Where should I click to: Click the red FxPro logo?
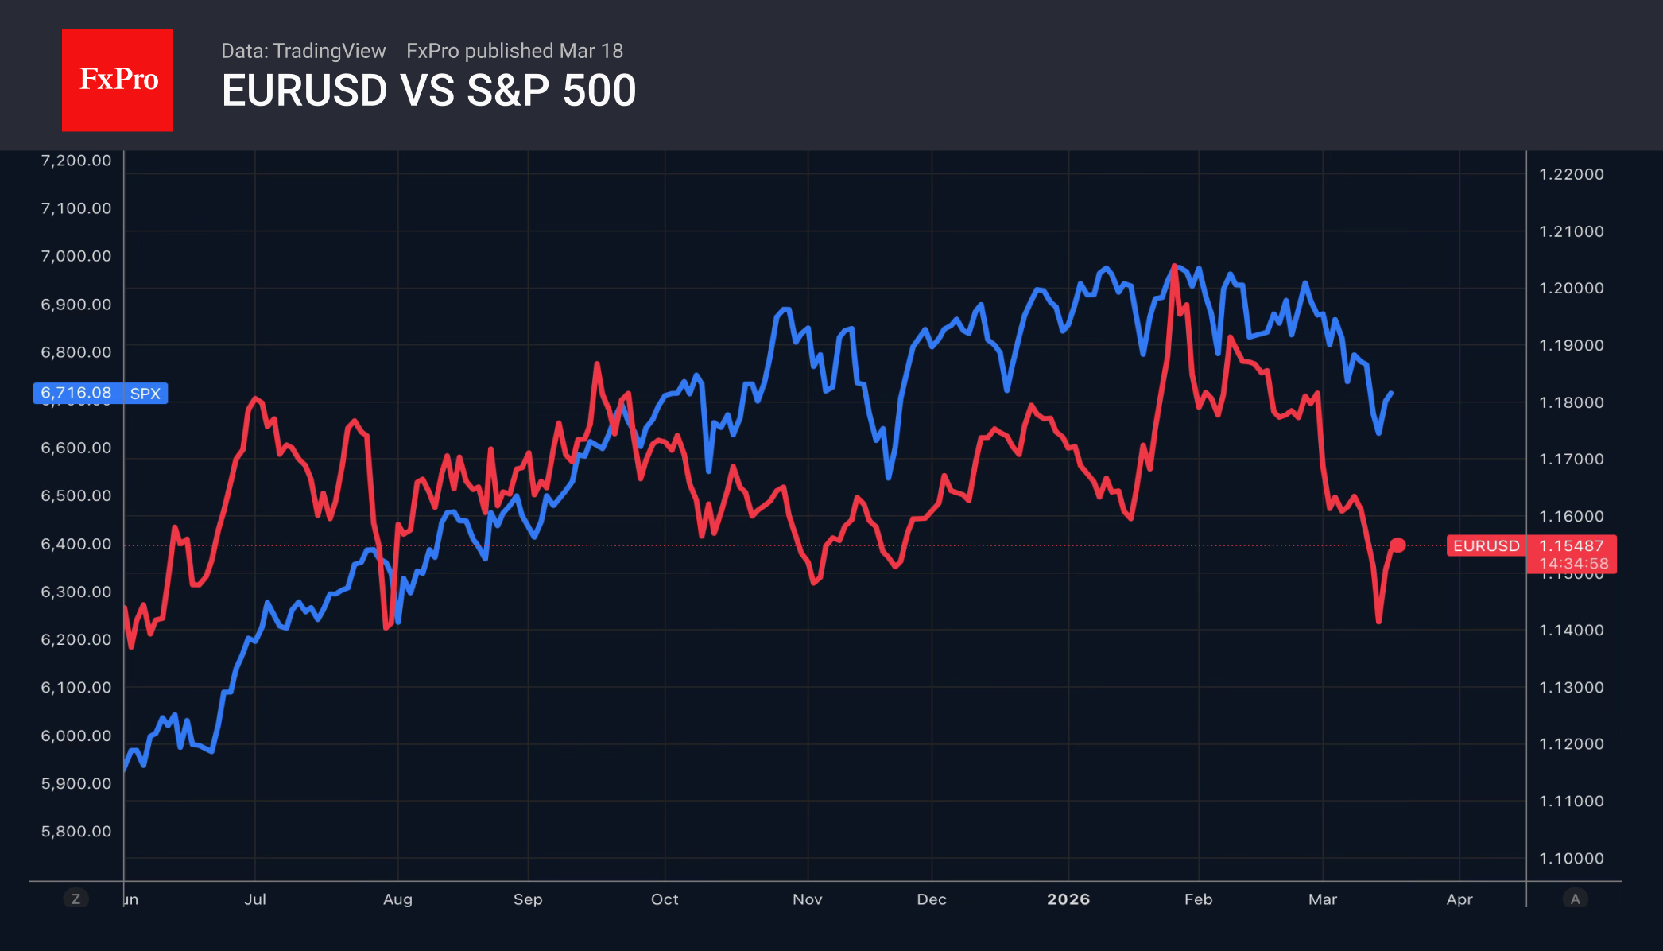tap(118, 80)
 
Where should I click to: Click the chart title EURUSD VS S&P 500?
tap(428, 91)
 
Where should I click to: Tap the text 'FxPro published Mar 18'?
tap(514, 51)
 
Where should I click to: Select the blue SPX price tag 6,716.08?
tap(77, 393)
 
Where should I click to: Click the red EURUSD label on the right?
tap(1486, 545)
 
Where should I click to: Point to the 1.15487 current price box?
tap(1572, 545)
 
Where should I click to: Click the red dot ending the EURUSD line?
tap(1397, 545)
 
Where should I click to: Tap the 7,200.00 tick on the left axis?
tap(76, 161)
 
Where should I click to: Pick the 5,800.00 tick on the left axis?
tap(76, 831)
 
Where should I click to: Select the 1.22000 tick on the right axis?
tap(1572, 174)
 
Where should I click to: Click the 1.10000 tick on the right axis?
tap(1572, 858)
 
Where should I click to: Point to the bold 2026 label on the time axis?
tap(1068, 899)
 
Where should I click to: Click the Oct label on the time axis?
tap(665, 899)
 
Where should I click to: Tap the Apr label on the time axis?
tap(1459, 899)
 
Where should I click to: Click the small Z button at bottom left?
tap(76, 899)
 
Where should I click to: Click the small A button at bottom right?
tap(1575, 899)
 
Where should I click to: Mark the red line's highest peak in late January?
tap(1174, 266)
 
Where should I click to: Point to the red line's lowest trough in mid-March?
tap(1378, 621)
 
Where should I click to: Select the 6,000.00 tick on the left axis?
tap(76, 736)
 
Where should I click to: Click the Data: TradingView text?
tap(303, 51)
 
